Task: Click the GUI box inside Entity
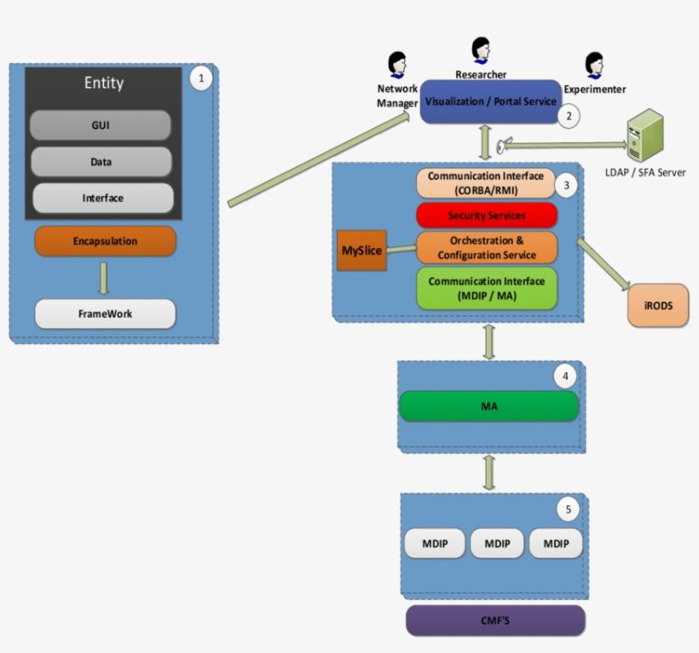click(x=101, y=125)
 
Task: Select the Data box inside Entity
click(x=101, y=161)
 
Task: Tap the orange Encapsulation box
click(x=105, y=241)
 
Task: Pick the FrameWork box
click(x=105, y=314)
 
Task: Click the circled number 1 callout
click(x=200, y=79)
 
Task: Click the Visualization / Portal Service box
click(x=489, y=101)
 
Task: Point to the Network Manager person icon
click(x=396, y=65)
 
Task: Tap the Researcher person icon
click(x=481, y=49)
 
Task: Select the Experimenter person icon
click(x=594, y=65)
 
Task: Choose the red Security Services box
click(x=486, y=215)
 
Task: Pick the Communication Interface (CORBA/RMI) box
click(x=485, y=183)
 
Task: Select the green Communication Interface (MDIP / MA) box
click(x=486, y=288)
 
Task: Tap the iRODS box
click(x=657, y=306)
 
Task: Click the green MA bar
click(x=488, y=407)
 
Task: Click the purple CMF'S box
click(x=494, y=620)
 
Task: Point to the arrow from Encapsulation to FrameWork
click(x=104, y=277)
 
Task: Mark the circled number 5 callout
click(x=569, y=510)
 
